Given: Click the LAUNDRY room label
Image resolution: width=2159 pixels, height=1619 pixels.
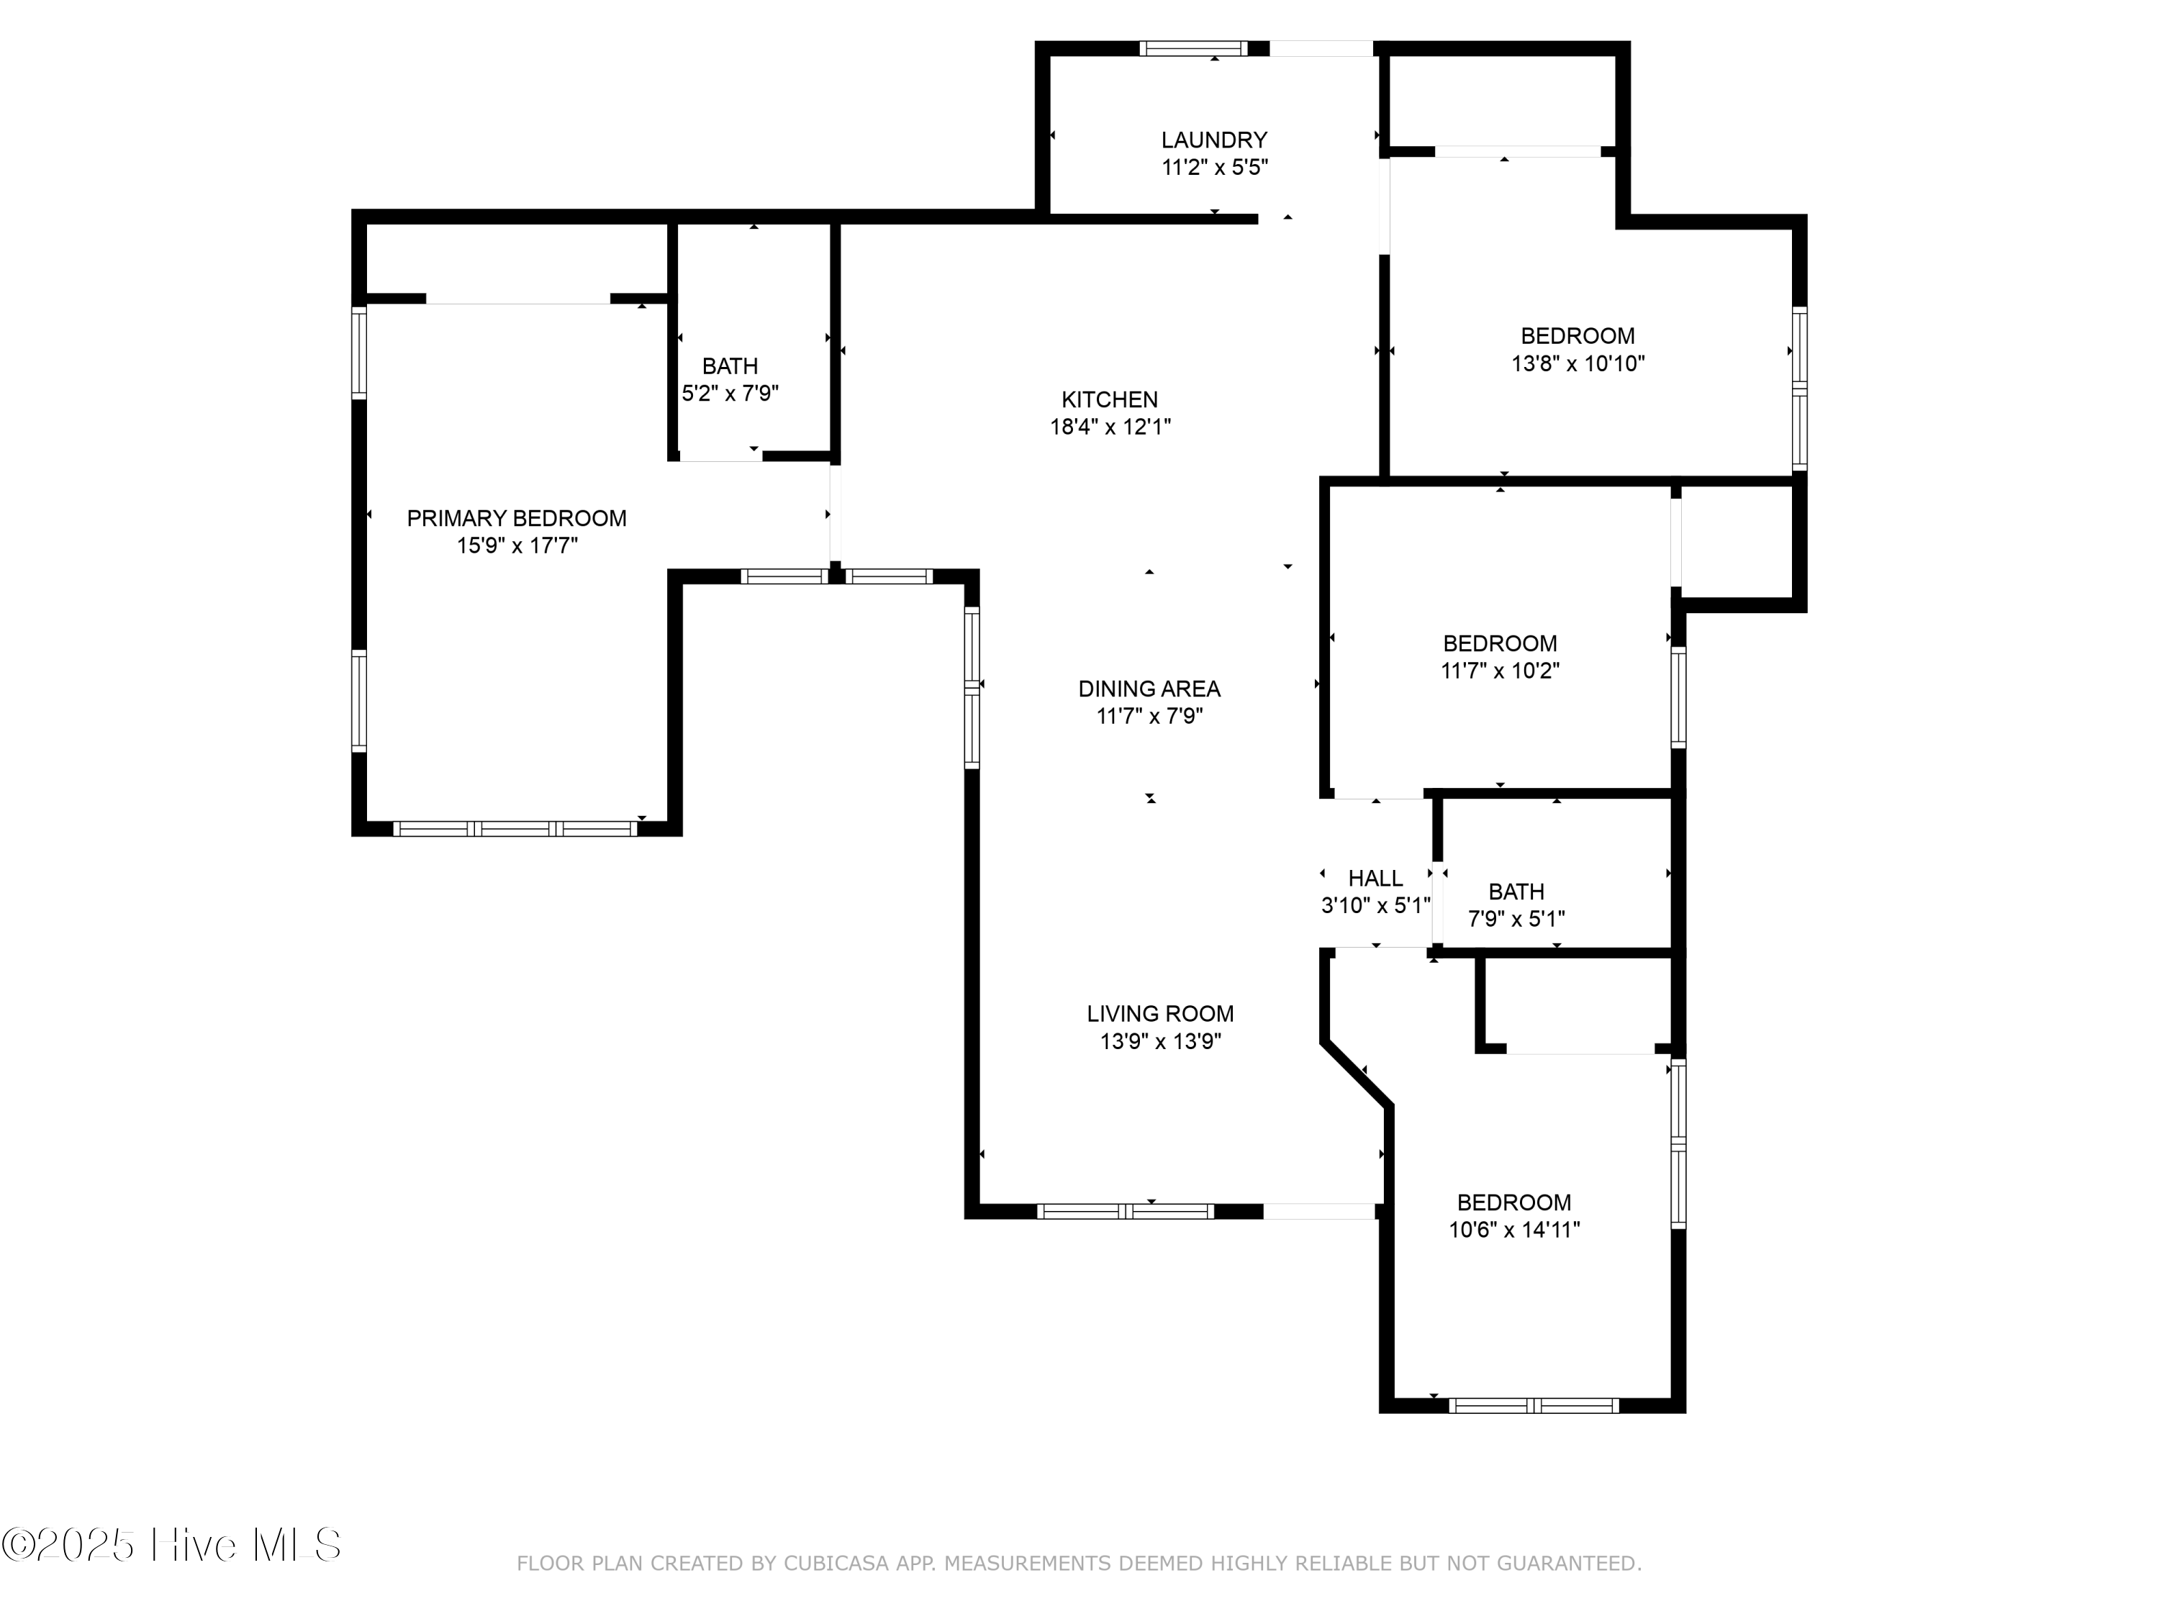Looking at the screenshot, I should coord(1213,140).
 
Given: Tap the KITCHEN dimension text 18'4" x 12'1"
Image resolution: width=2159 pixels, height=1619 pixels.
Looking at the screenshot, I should coord(1110,427).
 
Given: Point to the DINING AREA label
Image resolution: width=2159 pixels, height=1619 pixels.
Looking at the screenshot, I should coord(1149,689).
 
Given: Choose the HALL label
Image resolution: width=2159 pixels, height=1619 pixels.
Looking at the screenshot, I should coord(1375,879).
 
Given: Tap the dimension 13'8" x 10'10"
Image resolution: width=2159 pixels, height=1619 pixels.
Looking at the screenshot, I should coord(1578,364).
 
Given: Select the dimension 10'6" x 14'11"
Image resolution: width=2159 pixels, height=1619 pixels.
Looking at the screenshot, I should coord(1514,1230).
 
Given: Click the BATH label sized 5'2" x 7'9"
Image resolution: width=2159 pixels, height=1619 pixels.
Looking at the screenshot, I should coord(730,367).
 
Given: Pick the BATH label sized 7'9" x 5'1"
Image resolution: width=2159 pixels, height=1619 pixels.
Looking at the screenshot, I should coord(1516,892).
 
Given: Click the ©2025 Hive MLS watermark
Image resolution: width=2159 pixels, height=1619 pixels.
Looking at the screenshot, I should coord(172,1545).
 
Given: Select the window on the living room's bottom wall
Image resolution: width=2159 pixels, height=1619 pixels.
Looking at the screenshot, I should coord(1126,1212).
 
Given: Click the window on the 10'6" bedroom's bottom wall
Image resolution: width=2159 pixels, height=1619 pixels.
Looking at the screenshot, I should coord(1532,1406).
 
